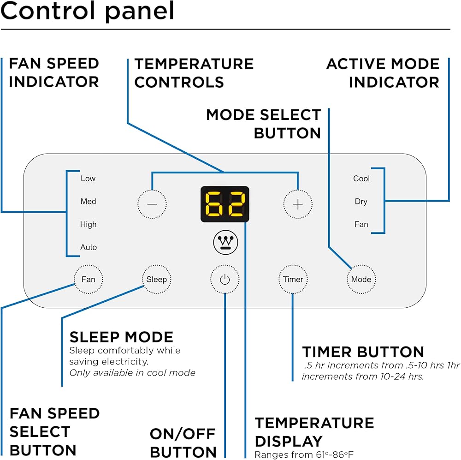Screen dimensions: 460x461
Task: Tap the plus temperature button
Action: (x=298, y=204)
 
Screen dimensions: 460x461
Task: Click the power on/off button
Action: (x=225, y=280)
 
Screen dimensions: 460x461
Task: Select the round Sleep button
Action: (x=156, y=279)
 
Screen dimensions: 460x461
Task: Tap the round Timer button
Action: (x=293, y=279)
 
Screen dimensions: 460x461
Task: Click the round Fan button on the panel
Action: (x=88, y=279)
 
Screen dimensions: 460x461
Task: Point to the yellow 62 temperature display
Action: (x=225, y=204)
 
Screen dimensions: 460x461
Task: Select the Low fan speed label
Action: (x=88, y=179)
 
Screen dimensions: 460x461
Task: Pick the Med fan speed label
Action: (x=88, y=202)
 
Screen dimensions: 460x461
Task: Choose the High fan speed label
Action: (x=88, y=225)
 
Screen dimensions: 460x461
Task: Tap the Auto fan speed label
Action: (x=89, y=247)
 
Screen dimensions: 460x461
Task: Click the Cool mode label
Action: (x=361, y=179)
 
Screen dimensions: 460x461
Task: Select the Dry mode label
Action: (x=361, y=202)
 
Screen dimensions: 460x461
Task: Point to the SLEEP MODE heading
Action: (x=121, y=337)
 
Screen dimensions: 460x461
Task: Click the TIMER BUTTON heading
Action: (x=363, y=352)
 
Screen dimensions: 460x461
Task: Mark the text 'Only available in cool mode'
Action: (x=132, y=373)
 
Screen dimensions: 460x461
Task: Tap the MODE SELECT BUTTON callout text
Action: (x=264, y=124)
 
